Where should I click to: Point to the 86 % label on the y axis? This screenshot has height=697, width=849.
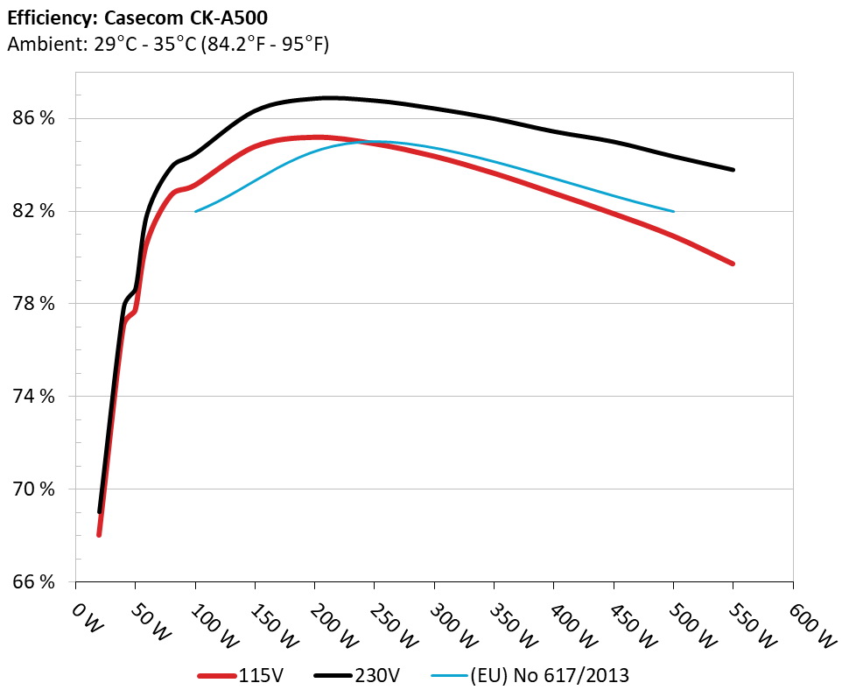pyautogui.click(x=33, y=118)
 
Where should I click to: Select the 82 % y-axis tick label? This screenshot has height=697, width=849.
pyautogui.click(x=33, y=211)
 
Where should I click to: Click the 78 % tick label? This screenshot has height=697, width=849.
pyautogui.click(x=33, y=304)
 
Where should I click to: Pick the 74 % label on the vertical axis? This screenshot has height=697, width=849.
pyautogui.click(x=33, y=397)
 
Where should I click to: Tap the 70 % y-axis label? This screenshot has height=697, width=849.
pyautogui.click(x=33, y=489)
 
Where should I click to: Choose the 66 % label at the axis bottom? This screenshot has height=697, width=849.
pyautogui.click(x=33, y=582)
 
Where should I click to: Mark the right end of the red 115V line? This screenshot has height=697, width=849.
pyautogui.click(x=733, y=264)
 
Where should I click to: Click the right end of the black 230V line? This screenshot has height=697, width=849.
pyautogui.click(x=733, y=170)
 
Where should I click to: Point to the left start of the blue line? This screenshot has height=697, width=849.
pyautogui.click(x=195, y=211)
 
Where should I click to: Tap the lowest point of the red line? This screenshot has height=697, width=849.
pyautogui.click(x=100, y=534)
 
